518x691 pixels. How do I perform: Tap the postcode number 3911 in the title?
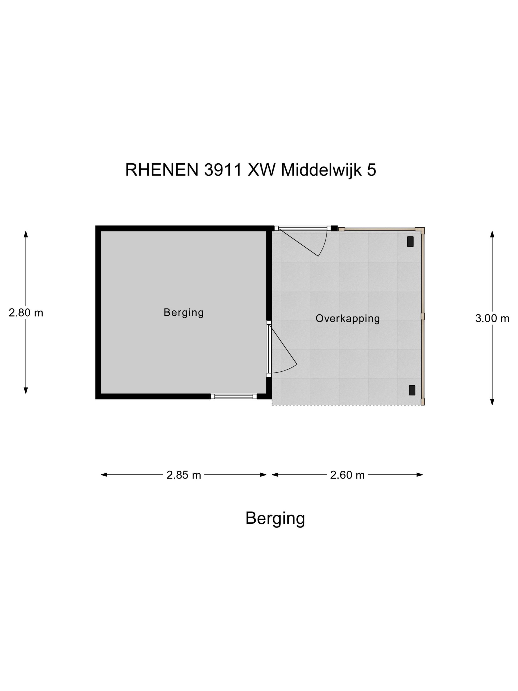click(x=223, y=170)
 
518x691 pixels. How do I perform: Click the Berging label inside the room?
click(x=184, y=313)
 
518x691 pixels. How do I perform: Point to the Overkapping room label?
click(x=348, y=319)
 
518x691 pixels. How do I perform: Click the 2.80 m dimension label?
click(x=26, y=313)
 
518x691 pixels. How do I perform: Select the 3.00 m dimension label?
click(x=492, y=319)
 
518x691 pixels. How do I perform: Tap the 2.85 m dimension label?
click(x=184, y=475)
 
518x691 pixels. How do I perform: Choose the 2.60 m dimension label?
click(x=348, y=475)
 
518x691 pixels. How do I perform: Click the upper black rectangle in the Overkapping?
click(x=410, y=242)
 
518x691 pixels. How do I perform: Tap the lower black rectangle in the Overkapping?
click(x=412, y=390)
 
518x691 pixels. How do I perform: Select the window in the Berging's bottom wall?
click(x=234, y=396)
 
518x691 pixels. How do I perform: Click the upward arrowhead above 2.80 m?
click(x=26, y=234)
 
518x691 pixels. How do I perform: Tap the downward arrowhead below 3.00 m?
click(x=492, y=402)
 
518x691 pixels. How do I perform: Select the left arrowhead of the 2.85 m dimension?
click(x=104, y=475)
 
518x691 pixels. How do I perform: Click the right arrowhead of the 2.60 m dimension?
click(x=419, y=475)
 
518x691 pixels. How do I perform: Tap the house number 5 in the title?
click(x=371, y=170)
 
